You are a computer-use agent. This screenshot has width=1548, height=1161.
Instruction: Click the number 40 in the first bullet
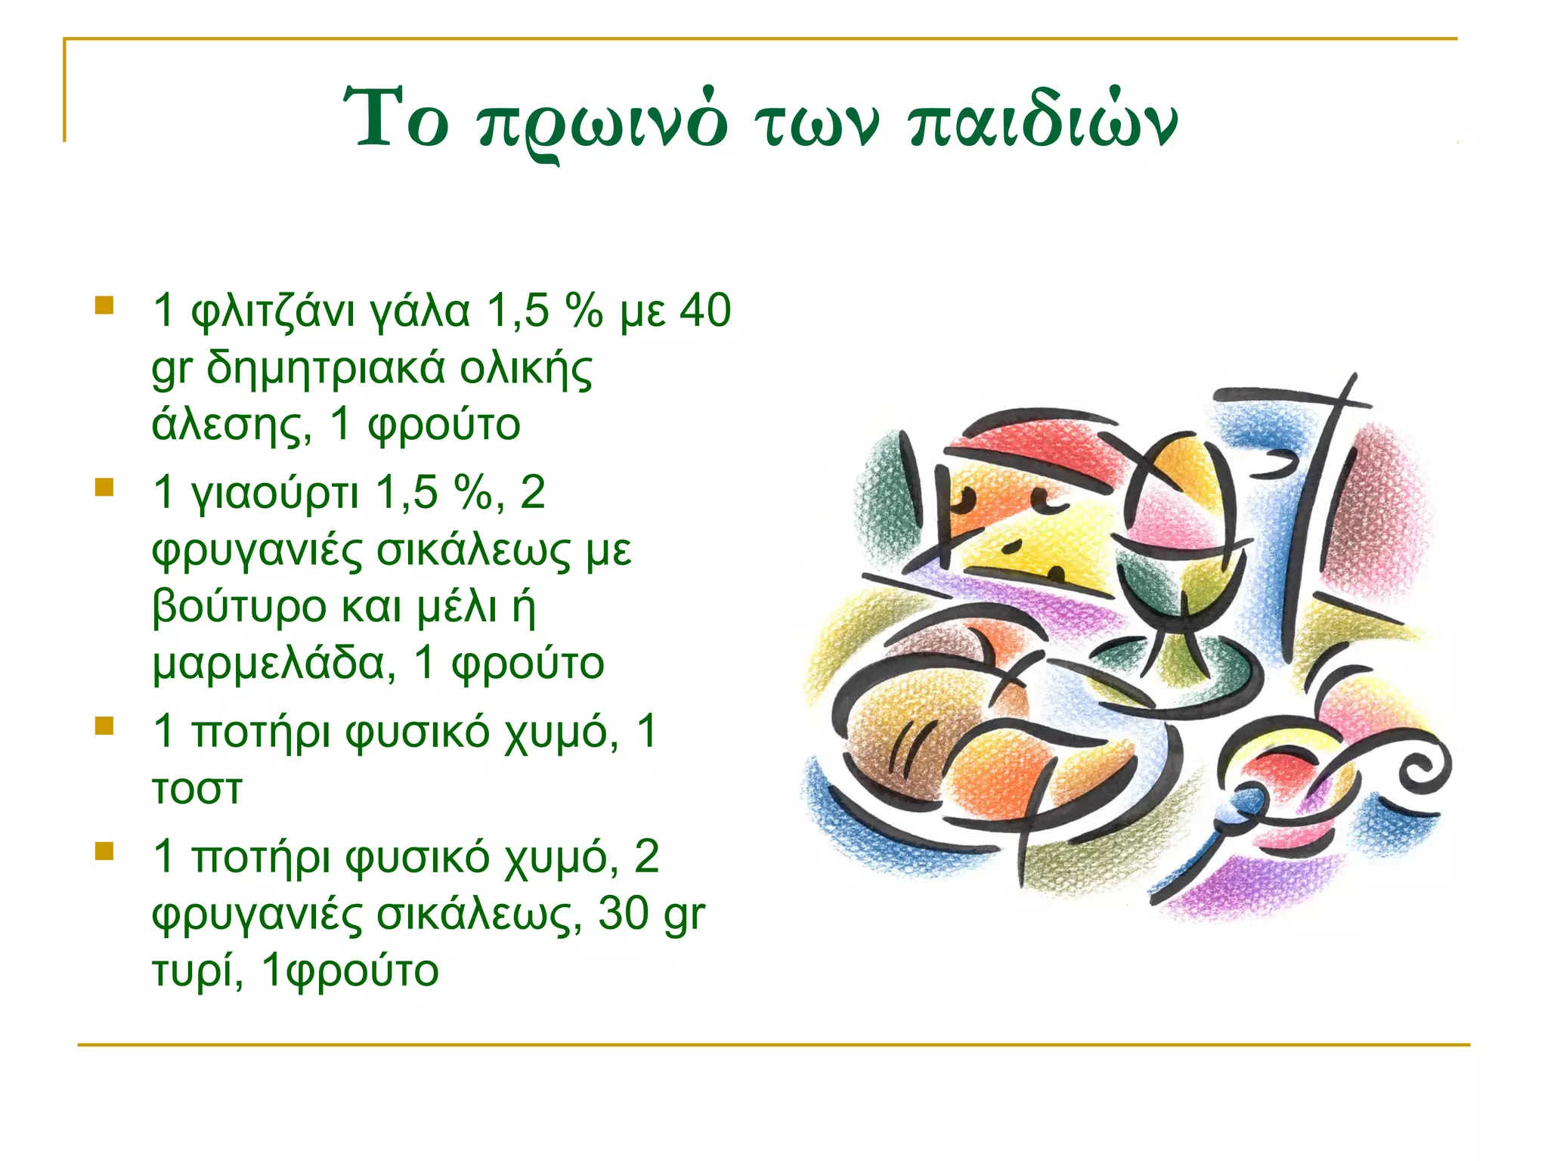click(705, 310)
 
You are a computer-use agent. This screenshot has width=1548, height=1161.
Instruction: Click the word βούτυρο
click(240, 607)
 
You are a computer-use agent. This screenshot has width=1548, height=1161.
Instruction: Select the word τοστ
click(197, 789)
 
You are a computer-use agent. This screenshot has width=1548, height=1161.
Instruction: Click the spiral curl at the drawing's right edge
click(1421, 771)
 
